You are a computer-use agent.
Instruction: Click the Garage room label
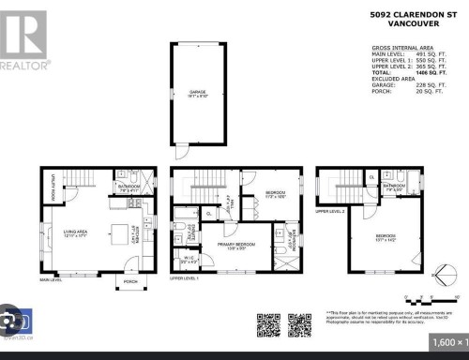point(198,93)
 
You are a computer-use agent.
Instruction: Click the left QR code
point(267,324)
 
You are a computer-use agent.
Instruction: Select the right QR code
point(299,324)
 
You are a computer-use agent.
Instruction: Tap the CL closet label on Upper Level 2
point(372,178)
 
